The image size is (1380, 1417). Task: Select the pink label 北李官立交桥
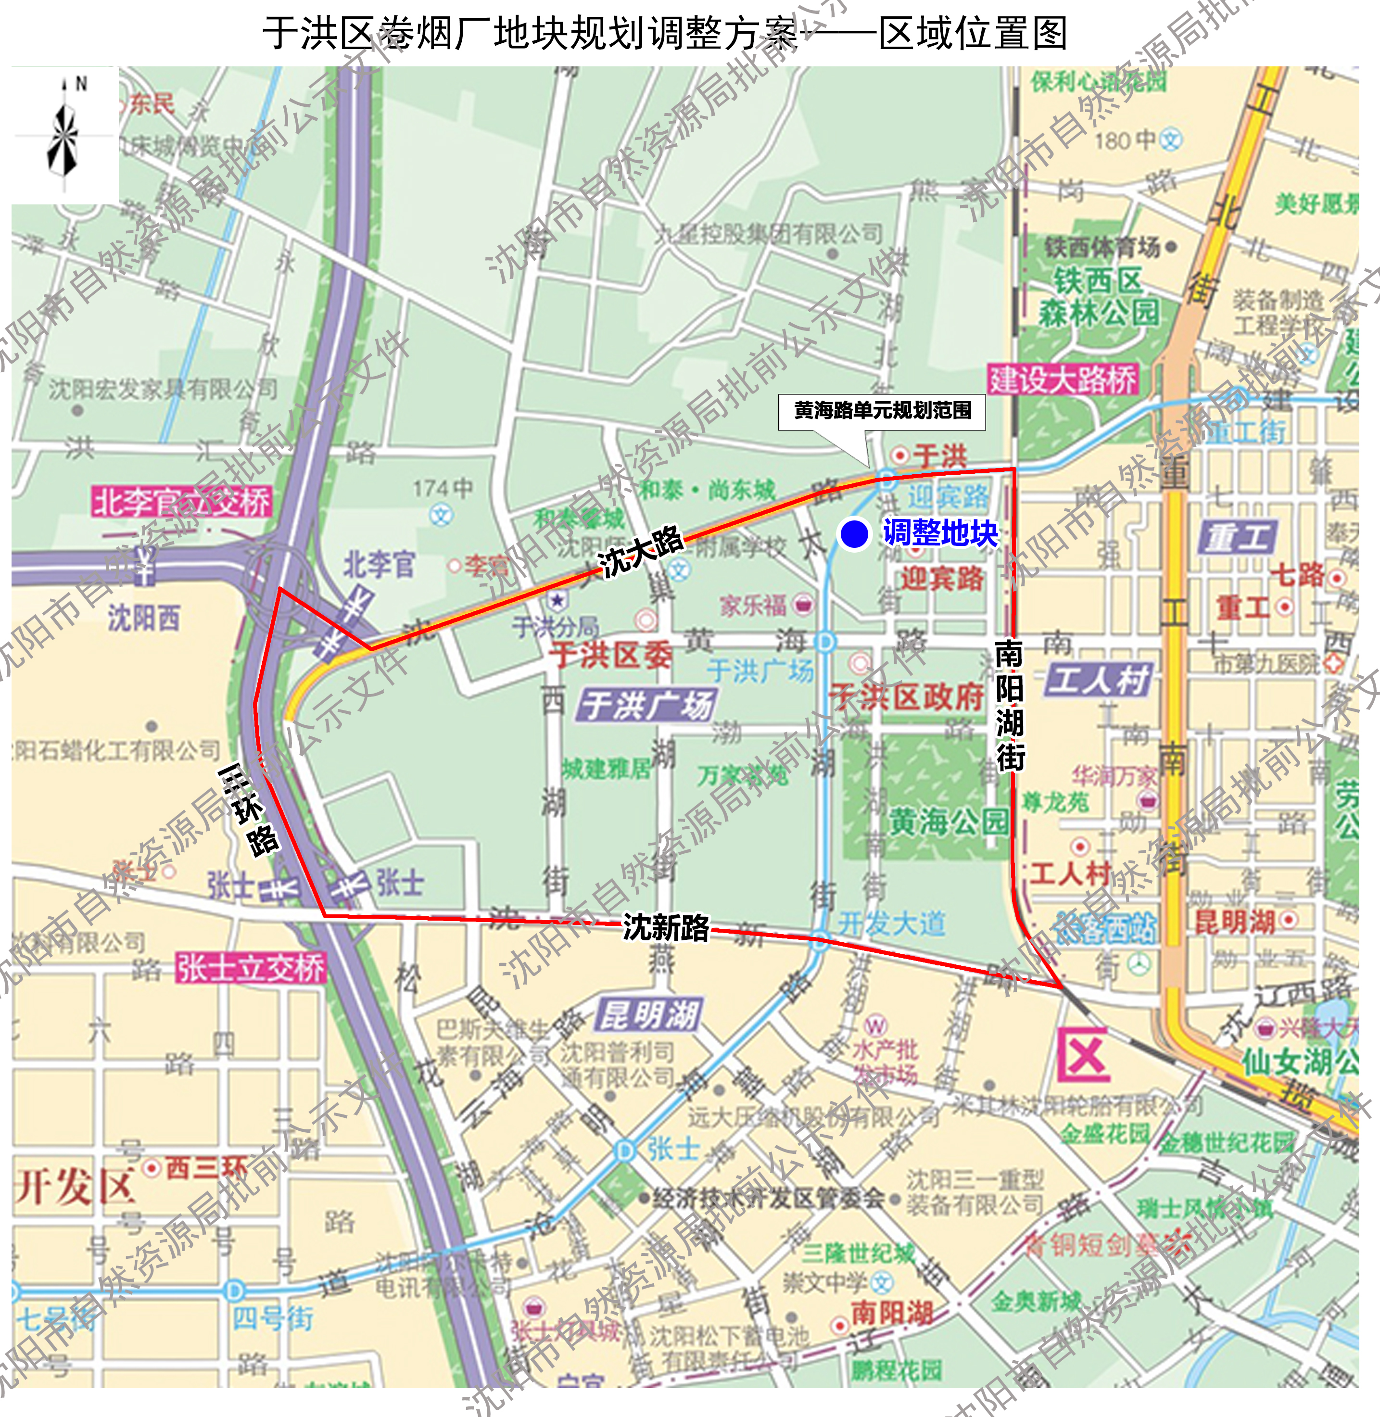click(182, 502)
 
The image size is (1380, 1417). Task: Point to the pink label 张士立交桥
click(251, 968)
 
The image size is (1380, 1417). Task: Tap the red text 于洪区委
click(610, 655)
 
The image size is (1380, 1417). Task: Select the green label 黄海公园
click(948, 821)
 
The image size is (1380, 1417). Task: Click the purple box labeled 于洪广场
click(647, 705)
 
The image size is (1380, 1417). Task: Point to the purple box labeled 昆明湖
click(648, 1015)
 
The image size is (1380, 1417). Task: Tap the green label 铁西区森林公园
click(1098, 297)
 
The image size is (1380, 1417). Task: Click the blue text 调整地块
click(940, 533)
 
